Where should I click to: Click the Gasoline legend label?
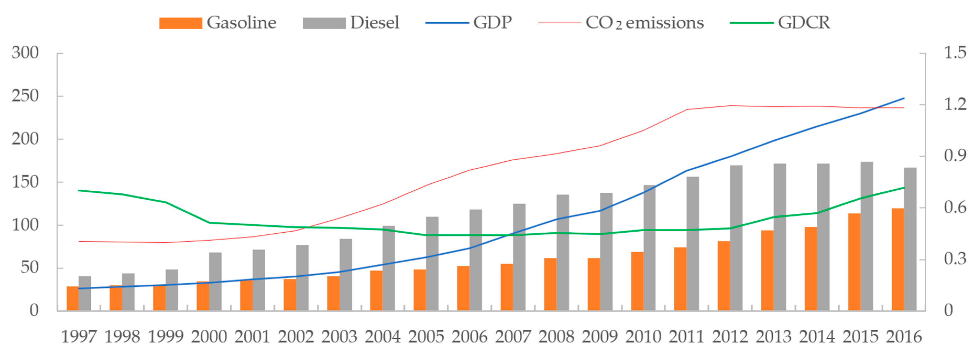tap(241, 23)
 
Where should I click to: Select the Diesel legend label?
tap(374, 23)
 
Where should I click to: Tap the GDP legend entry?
tap(492, 23)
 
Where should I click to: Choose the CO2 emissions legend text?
tap(644, 23)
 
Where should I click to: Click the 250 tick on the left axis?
tap(25, 96)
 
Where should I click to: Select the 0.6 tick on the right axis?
tap(955, 208)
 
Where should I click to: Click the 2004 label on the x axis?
tap(382, 337)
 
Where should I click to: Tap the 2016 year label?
tap(904, 337)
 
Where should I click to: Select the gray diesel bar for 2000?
tap(215, 281)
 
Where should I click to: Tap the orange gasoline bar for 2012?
tap(724, 276)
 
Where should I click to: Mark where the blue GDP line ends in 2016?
tap(904, 98)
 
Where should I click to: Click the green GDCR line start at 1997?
tap(79, 190)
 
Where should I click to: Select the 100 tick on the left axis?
tap(25, 225)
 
